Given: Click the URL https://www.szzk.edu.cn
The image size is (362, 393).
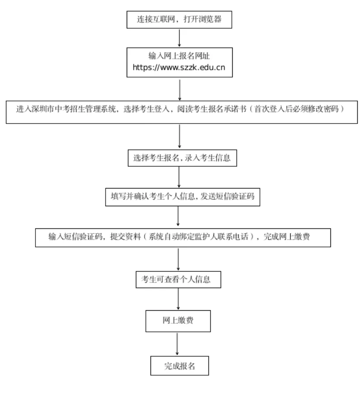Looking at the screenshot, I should [179, 68].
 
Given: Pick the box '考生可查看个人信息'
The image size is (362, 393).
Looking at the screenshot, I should [179, 279].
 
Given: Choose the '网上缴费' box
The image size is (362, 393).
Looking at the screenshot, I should [178, 321].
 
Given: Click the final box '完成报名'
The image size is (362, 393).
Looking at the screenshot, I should [179, 366].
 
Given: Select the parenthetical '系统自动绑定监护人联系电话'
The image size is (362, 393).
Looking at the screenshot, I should [199, 237].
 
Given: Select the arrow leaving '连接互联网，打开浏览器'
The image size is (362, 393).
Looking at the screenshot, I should [179, 38].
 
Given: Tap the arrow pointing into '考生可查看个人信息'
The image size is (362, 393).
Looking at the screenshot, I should [178, 259].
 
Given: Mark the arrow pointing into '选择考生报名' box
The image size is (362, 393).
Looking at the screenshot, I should [179, 137].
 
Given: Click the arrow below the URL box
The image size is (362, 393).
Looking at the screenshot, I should [179, 89].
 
